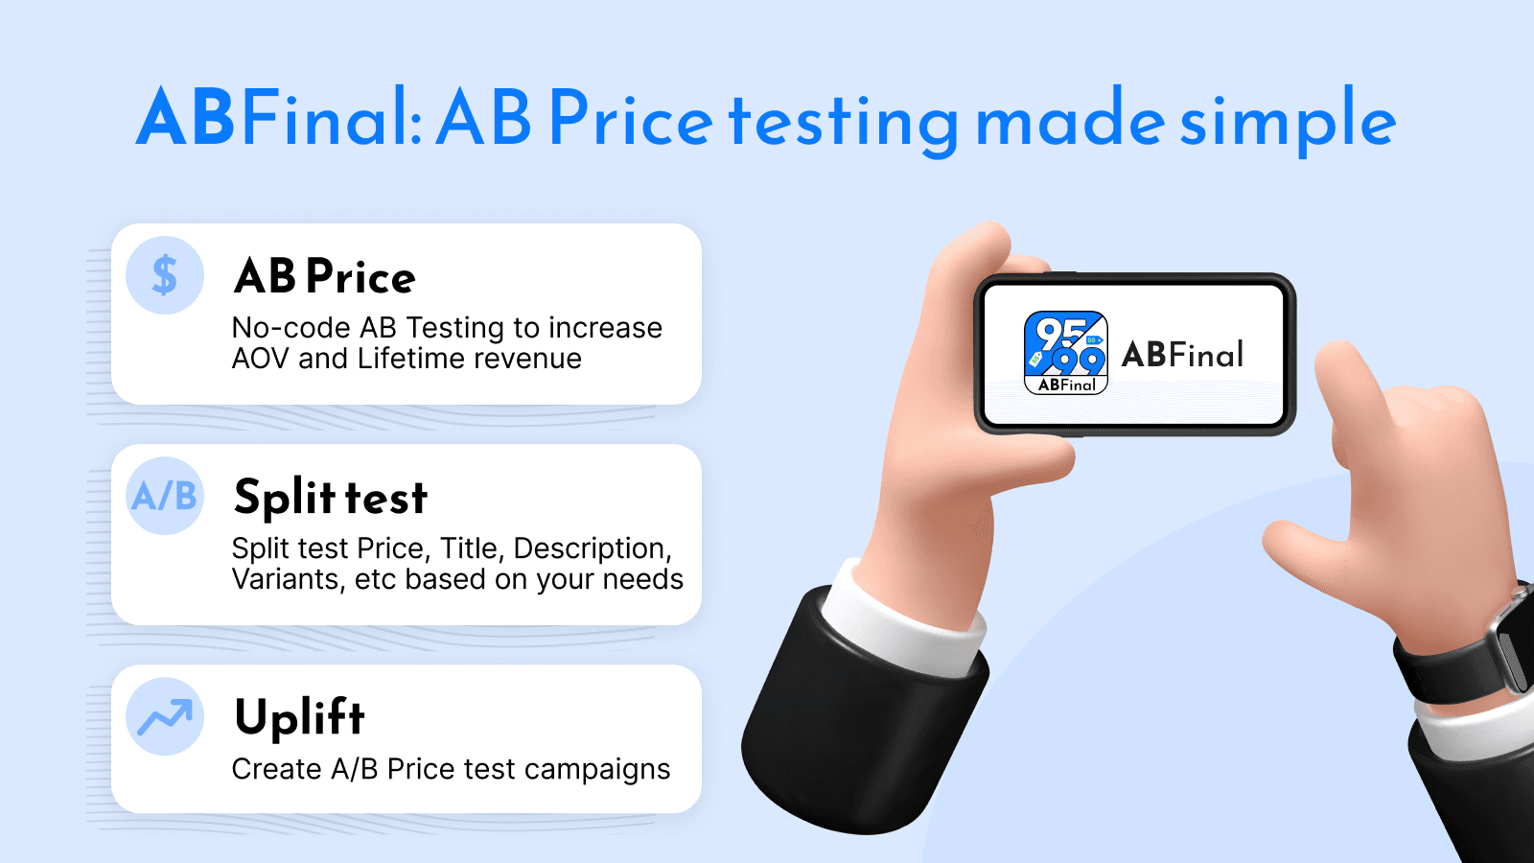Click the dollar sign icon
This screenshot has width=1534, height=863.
point(165,275)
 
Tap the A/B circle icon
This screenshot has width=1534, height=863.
point(165,496)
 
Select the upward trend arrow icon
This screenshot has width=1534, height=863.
point(165,716)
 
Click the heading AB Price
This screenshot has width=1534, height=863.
point(324,277)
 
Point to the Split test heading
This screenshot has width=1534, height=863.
point(331,498)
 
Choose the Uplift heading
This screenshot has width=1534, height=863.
point(300,717)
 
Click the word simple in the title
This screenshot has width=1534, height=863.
point(1288,120)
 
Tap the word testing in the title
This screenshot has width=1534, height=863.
point(844,122)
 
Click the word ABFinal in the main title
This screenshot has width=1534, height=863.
point(278,118)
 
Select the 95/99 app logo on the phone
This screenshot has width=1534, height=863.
point(1066,352)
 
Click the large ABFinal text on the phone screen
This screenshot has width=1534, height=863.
point(1183,355)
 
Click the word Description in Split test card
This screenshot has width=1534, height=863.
point(590,548)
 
